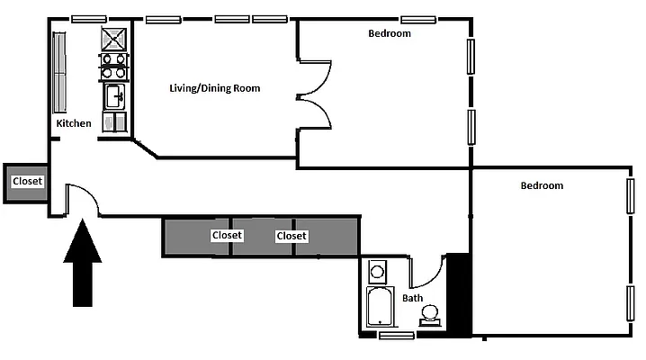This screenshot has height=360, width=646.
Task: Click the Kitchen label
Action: pyautogui.click(x=73, y=123)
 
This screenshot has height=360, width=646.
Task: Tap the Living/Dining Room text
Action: pyautogui.click(x=215, y=88)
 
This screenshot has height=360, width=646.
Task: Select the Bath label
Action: pyautogui.click(x=412, y=298)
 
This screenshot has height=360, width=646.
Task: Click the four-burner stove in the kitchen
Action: pyautogui.click(x=114, y=67)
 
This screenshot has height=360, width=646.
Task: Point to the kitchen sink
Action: pyautogui.click(x=114, y=95)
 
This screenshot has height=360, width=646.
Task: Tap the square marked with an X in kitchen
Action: pyautogui.click(x=114, y=39)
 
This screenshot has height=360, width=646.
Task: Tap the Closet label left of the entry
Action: pyautogui.click(x=26, y=182)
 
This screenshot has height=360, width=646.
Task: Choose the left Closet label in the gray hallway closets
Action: pyautogui.click(x=227, y=236)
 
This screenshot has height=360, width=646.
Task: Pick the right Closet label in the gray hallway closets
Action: pyautogui.click(x=292, y=236)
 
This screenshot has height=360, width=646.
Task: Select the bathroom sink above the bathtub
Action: pyautogui.click(x=378, y=270)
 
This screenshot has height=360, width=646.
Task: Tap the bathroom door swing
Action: pyautogui.click(x=426, y=270)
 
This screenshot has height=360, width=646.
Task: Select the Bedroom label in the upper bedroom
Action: pyautogui.click(x=390, y=34)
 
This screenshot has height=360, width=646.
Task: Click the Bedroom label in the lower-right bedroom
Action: pyautogui.click(x=542, y=185)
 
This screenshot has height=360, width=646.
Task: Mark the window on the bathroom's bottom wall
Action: pyautogui.click(x=396, y=336)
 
